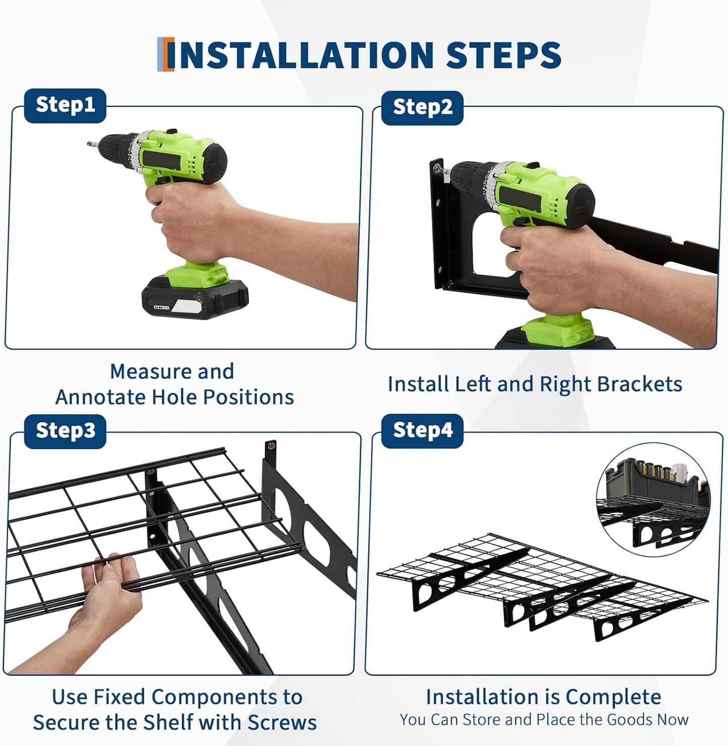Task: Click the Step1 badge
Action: click(65, 105)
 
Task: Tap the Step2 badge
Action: click(422, 108)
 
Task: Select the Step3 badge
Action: click(65, 431)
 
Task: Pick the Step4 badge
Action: click(422, 431)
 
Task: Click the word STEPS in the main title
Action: click(503, 55)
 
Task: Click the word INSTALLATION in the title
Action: click(306, 55)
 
